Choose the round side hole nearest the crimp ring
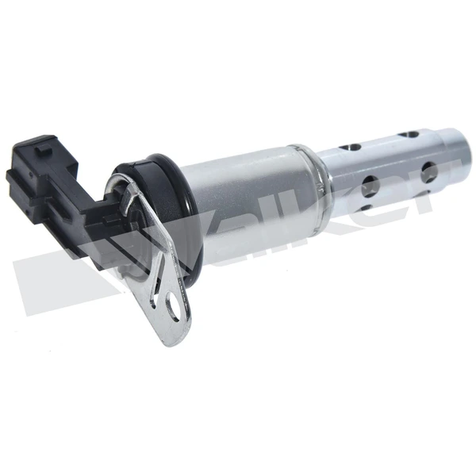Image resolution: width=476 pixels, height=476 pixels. coord(368,187)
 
